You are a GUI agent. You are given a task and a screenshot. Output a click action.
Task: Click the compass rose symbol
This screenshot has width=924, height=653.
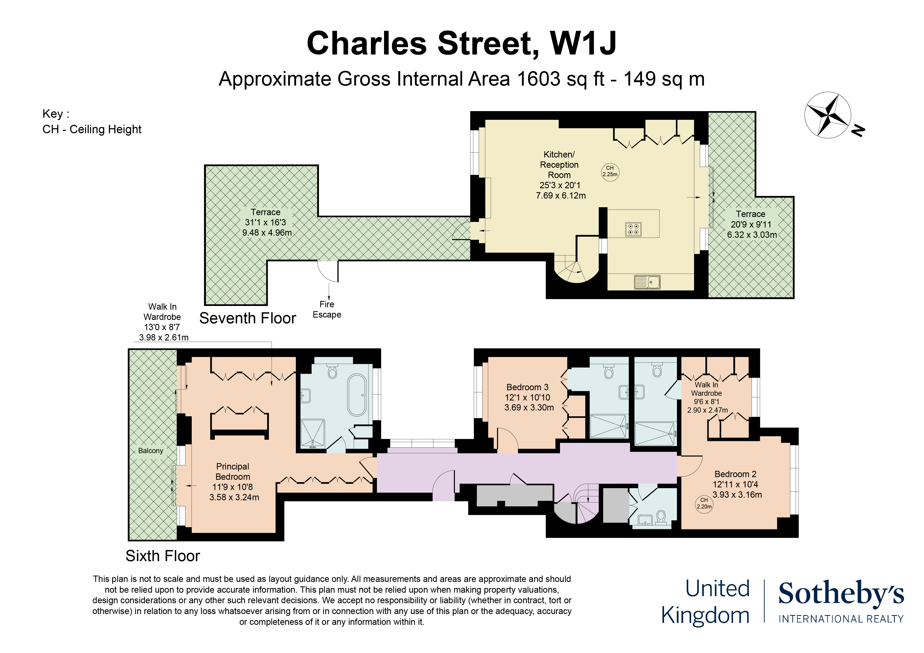click(827, 115)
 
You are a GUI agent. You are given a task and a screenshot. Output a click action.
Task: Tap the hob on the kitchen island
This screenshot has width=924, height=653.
click(633, 229)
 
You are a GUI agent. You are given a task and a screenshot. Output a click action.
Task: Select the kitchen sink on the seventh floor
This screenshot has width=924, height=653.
click(647, 282)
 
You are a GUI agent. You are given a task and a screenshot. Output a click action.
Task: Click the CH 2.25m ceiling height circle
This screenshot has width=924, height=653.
click(610, 171)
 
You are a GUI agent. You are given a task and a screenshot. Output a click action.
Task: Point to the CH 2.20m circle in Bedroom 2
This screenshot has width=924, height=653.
click(704, 503)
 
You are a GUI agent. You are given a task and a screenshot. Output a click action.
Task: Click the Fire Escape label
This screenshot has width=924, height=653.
click(327, 309)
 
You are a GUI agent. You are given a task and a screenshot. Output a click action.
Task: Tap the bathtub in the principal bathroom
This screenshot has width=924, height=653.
click(357, 395)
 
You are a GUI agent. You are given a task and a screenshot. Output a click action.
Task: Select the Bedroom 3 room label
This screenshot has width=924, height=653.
click(527, 387)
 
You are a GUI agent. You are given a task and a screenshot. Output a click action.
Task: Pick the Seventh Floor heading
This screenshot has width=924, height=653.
click(248, 318)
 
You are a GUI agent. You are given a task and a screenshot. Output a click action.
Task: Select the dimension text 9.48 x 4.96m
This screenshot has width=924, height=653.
click(267, 232)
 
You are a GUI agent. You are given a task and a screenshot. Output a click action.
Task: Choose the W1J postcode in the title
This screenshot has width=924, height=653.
click(583, 43)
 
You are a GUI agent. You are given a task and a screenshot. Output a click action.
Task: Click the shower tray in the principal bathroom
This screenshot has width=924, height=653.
click(313, 434)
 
